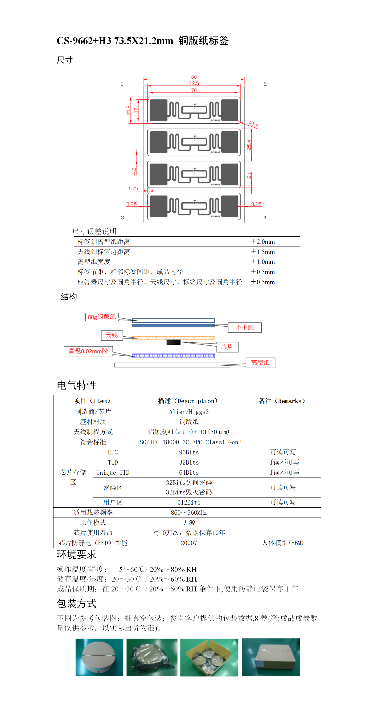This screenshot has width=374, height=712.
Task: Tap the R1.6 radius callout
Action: click(253, 124)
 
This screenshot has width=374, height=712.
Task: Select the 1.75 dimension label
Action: click(133, 189)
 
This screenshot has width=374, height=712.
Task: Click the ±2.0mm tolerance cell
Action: click(273, 242)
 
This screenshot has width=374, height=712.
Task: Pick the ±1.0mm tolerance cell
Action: click(273, 262)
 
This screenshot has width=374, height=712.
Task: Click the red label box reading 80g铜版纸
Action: click(102, 317)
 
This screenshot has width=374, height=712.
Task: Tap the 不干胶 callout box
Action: click(245, 328)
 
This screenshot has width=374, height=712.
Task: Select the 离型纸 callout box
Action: click(260, 363)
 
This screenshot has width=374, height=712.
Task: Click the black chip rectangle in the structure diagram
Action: click(173, 342)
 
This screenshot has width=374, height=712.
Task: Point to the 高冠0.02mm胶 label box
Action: click(88, 351)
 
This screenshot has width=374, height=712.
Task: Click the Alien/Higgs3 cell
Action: click(189, 412)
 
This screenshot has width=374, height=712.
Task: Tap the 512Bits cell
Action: click(189, 502)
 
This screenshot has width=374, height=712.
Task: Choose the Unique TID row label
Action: click(113, 473)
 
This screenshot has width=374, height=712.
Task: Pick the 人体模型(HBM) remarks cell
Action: click(283, 543)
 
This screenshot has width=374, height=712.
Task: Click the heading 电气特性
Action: click(77, 385)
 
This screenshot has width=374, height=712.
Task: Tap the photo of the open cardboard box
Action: click(209, 657)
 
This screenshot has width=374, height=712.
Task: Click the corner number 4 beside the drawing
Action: click(265, 218)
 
